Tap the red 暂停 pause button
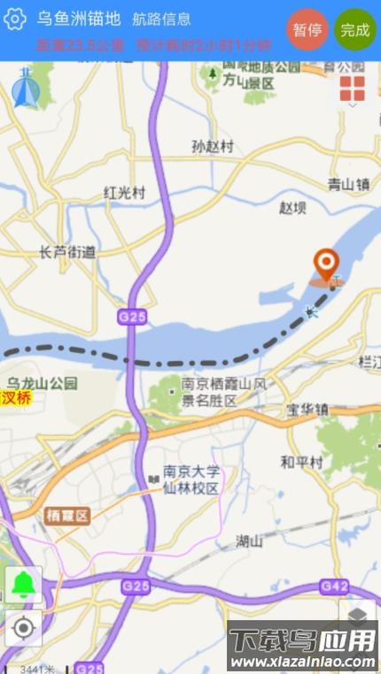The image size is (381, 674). [x=307, y=29]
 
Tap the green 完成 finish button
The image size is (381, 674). [x=355, y=29]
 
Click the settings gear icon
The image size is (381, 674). [x=15, y=19]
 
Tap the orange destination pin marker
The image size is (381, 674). [x=328, y=264]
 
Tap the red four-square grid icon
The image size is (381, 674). [x=352, y=88]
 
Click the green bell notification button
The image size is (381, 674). [x=23, y=585]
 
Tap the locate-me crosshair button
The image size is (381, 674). [x=23, y=628]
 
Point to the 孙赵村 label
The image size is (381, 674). [x=213, y=147]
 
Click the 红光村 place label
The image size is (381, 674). [x=124, y=192]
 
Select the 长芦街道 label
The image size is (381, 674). [x=67, y=252]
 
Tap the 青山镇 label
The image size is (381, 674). [x=347, y=184]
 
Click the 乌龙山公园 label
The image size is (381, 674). [x=43, y=383]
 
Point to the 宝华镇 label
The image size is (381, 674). [x=307, y=410]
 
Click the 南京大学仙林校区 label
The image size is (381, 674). [x=190, y=479]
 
